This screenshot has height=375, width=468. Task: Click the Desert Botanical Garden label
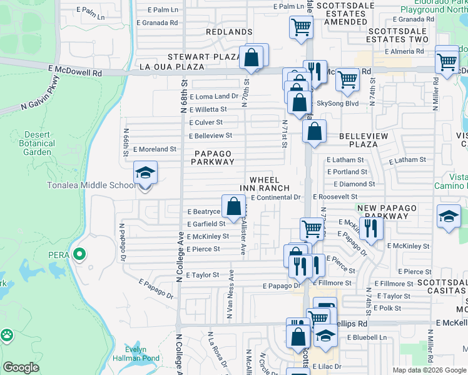(x=37, y=142)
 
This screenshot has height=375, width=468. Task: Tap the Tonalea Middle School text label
(x=91, y=186)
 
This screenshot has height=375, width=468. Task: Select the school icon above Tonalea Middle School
(x=145, y=172)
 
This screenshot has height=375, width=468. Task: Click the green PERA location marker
(x=79, y=254)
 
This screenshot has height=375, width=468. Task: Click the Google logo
(x=21, y=367)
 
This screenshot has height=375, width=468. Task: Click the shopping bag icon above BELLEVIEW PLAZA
(x=314, y=132)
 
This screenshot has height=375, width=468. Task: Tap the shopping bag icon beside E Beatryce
(x=233, y=205)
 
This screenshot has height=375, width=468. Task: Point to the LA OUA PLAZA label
(x=171, y=67)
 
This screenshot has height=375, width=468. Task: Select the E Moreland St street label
(x=155, y=149)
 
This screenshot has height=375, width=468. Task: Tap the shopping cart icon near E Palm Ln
(x=301, y=27)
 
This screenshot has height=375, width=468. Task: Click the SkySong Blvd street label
(x=338, y=103)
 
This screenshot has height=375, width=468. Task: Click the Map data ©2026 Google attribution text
(x=429, y=370)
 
